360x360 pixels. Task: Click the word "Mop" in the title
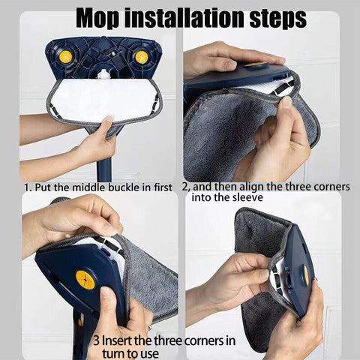[98, 18]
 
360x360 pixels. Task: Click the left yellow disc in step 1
[66, 57]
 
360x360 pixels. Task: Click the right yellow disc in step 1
[142, 57]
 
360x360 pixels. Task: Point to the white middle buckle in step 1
[103, 74]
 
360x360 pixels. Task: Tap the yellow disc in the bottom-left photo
[85, 280]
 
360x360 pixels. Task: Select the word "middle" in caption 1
[88, 187]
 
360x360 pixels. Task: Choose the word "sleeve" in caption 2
[247, 197]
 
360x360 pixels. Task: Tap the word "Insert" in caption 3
[116, 340]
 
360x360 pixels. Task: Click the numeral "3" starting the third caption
[96, 340]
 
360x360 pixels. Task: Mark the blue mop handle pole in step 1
[104, 169]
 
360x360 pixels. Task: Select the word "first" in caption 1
[163, 187]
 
